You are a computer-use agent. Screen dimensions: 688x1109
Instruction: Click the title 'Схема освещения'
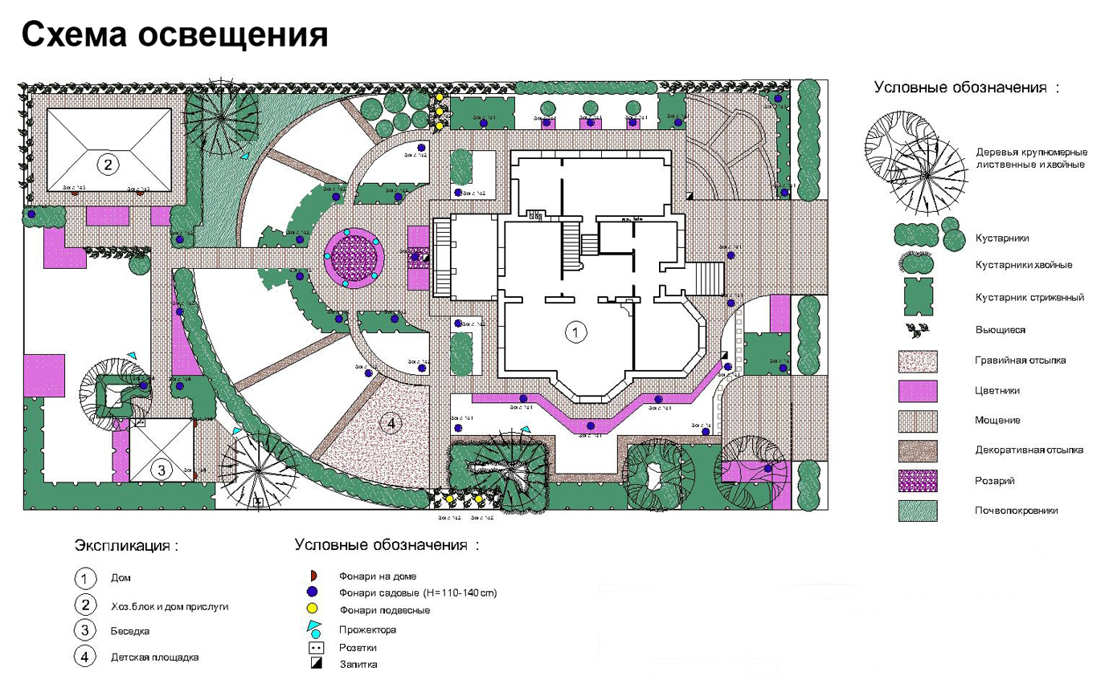coord(174,35)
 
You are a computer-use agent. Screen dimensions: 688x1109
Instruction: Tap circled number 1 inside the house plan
coord(574,331)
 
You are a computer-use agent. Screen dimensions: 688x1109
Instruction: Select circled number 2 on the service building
coord(106,165)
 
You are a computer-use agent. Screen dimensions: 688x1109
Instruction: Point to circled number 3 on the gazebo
coord(161,470)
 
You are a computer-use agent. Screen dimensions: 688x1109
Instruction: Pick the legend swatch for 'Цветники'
coord(918,390)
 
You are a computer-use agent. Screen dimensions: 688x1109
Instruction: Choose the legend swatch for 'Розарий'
coord(918,481)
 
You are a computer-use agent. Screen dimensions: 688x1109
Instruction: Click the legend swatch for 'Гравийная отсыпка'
coord(918,360)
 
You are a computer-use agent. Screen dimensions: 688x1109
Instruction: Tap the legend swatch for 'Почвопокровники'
coord(918,511)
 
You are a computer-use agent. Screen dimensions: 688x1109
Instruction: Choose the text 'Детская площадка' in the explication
coord(155,657)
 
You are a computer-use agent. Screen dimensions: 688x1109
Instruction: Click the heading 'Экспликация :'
coord(127,546)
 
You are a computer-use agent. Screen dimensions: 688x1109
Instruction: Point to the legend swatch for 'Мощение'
coord(918,420)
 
